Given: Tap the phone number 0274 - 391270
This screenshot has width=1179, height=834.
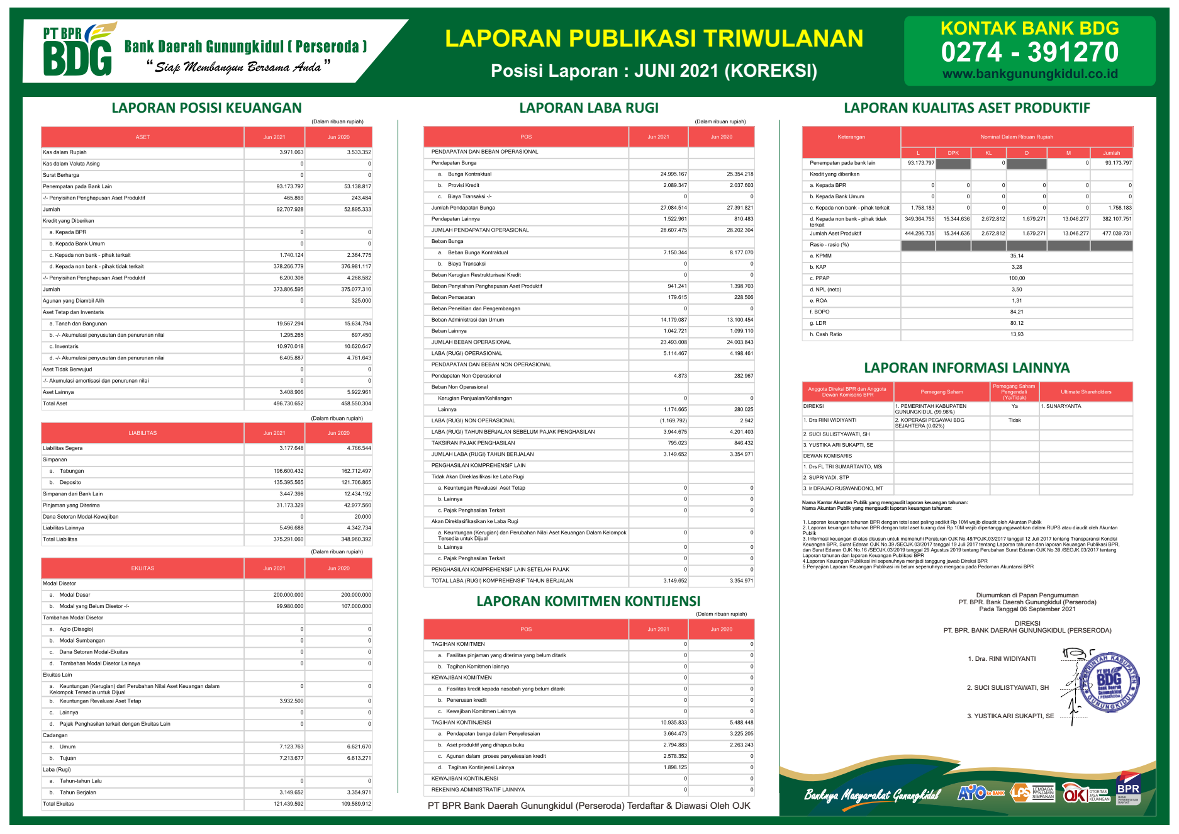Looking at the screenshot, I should [x=1029, y=52].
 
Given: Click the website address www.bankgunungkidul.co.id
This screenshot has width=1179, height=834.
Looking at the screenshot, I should [x=1029, y=74].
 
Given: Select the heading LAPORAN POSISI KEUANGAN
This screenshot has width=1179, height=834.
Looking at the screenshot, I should [x=206, y=108].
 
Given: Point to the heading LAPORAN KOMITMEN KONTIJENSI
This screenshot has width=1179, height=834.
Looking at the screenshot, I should [x=588, y=601].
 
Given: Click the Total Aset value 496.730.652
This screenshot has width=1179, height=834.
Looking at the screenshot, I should [x=288, y=403].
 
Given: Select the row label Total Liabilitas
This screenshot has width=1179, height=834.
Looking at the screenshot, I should [x=60, y=539].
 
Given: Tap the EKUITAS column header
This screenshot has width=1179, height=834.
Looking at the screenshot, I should [x=142, y=568].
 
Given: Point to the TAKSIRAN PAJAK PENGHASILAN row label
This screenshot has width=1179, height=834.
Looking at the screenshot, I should [x=473, y=443].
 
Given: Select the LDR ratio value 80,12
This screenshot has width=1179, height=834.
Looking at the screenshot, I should [x=1017, y=323].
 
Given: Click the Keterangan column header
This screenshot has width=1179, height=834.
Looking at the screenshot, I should [x=851, y=137].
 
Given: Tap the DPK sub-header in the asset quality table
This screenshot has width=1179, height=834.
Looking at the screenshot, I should [x=953, y=153].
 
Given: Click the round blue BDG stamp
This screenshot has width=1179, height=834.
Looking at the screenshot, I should [x=1109, y=682].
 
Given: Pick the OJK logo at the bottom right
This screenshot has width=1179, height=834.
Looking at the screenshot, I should [x=1075, y=794].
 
